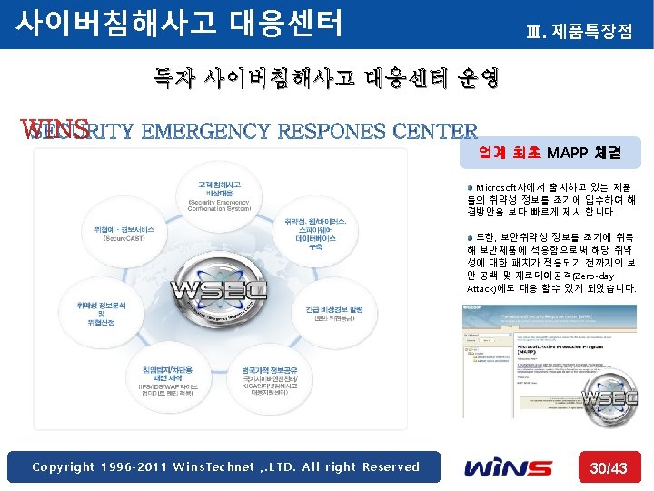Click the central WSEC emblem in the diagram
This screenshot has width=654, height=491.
233,291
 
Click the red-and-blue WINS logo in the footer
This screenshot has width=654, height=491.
508,467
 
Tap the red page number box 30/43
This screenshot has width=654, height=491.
608,467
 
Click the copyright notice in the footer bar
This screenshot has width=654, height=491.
226,467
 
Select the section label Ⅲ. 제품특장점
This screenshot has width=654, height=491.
579,33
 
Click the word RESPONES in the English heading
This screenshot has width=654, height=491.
332,133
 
